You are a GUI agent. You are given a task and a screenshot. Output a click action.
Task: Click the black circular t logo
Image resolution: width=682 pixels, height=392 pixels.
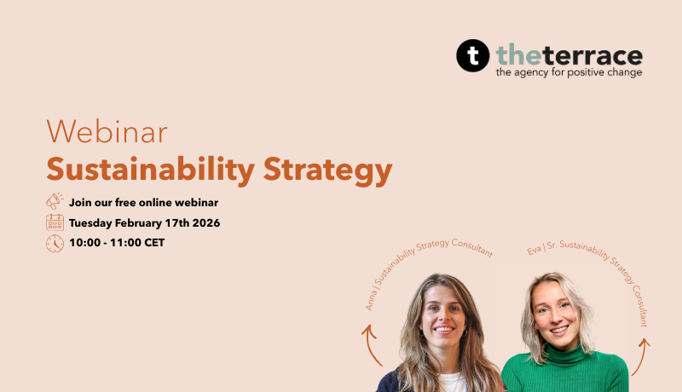point(473,56)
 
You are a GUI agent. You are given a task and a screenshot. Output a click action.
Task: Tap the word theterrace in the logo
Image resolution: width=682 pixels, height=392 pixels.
point(569,55)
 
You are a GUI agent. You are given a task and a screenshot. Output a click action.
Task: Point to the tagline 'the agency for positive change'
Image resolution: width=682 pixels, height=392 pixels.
point(569,73)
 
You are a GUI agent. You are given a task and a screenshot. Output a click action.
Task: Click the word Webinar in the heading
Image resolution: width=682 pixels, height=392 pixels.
point(107,132)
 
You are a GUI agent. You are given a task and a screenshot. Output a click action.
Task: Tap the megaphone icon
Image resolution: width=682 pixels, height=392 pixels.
point(55,202)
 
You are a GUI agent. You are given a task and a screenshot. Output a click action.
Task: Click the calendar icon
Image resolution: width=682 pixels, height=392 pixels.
point(55,222)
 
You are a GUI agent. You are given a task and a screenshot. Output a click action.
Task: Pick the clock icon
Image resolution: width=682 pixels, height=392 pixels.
point(55,243)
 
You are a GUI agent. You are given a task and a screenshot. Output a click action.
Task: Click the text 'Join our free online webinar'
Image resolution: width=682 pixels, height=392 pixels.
point(143,203)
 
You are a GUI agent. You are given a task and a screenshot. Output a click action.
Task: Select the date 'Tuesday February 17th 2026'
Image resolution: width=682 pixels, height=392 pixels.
point(144,223)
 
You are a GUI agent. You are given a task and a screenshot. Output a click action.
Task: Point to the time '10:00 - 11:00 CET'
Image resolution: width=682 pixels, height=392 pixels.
point(117,244)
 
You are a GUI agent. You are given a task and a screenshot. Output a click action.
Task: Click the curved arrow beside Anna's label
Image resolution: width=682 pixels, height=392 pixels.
point(370,345)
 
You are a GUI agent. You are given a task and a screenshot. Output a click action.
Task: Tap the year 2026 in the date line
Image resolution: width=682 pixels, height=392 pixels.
point(205,223)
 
